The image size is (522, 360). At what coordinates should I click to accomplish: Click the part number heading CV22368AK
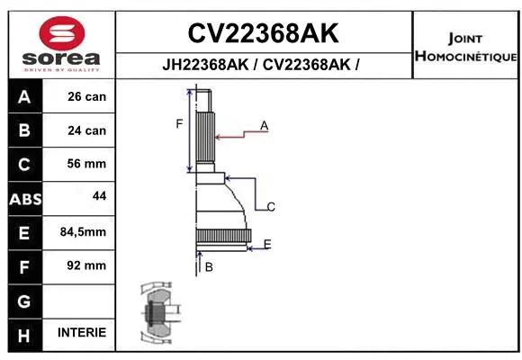(x=263, y=33)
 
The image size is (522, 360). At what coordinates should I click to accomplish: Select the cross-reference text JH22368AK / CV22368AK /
(x=263, y=65)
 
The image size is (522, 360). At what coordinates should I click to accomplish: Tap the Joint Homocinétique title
(x=465, y=48)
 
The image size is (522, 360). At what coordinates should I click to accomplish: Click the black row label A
(x=25, y=96)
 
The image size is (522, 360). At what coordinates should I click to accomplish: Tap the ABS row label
(x=25, y=198)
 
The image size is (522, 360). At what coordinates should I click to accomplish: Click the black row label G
(x=25, y=300)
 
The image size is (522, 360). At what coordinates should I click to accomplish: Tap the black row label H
(x=25, y=334)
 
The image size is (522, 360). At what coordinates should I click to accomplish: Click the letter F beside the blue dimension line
(x=179, y=124)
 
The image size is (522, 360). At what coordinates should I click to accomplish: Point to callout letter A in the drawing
(x=265, y=126)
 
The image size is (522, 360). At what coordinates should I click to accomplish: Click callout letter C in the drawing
(x=271, y=207)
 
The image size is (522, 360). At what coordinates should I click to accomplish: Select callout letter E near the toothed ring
(x=267, y=244)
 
